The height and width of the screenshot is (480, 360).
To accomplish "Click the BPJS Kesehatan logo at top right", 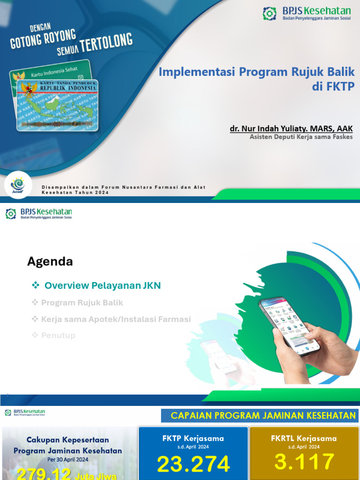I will tap(307, 14).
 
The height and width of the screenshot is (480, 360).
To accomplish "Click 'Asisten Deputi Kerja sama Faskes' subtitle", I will tap(301, 137).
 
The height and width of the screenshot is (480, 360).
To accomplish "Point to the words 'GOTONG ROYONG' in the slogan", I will tap(43, 39).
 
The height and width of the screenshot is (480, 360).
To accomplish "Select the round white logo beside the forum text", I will tap(19, 185).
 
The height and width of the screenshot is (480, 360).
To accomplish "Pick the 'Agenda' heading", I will tap(50, 262).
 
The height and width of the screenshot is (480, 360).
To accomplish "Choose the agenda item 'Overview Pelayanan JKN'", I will tap(102, 285).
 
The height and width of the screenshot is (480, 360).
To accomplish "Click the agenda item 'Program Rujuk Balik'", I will tap(82, 303).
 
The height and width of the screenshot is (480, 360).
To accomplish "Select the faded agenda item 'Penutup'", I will tap(58, 336).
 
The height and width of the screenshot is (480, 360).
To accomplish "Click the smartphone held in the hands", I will tap(289, 325).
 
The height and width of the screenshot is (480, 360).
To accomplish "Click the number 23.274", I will tap(193, 464).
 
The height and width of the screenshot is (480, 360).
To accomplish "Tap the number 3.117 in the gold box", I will tap(304, 462).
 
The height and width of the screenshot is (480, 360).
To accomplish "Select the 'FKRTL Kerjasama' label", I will tap(304, 439).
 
